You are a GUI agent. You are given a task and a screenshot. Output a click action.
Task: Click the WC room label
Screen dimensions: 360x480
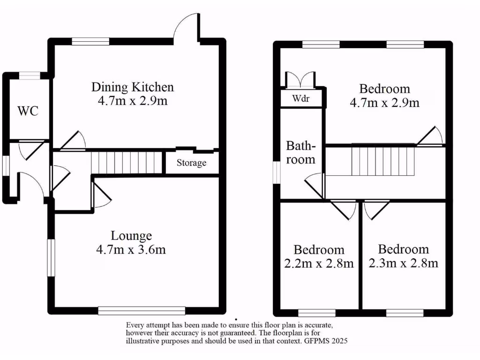pyautogui.click(x=28, y=111)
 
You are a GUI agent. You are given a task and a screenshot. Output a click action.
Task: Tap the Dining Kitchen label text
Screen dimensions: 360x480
pyautogui.click(x=133, y=87)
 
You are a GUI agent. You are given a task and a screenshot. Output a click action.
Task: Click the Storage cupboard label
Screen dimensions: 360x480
pyautogui.click(x=191, y=163)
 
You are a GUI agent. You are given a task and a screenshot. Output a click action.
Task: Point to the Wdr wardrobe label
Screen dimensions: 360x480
pyautogui.click(x=300, y=99)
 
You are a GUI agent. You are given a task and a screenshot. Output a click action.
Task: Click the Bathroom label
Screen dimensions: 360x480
pyautogui.click(x=300, y=152)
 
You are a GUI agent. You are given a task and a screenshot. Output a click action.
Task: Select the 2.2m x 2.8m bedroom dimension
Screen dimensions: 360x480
pyautogui.click(x=319, y=263)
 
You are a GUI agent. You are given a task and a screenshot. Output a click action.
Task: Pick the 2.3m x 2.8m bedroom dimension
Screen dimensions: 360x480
pyautogui.click(x=404, y=263)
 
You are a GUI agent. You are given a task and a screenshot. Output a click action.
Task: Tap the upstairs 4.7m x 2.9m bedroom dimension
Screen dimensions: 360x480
pyautogui.click(x=384, y=103)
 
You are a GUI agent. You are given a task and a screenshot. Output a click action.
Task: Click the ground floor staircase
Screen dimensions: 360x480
pyautogui.click(x=126, y=162)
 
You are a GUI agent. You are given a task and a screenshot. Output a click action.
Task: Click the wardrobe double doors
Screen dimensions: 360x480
pyautogui.click(x=298, y=80)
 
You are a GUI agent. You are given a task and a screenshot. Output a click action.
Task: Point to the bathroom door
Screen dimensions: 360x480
pyautogui.click(x=315, y=185)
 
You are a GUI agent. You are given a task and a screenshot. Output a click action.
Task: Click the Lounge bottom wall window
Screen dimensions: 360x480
pyautogui.click(x=142, y=310)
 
